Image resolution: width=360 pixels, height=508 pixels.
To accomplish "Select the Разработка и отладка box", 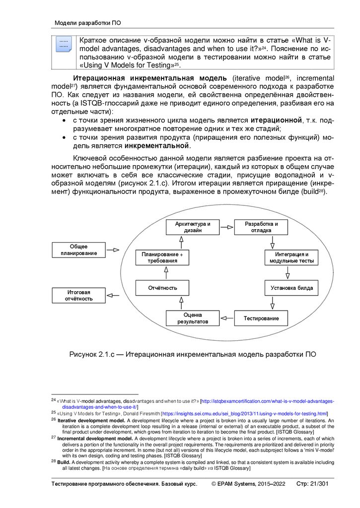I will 261,227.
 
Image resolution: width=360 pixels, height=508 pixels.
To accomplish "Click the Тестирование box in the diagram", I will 261,318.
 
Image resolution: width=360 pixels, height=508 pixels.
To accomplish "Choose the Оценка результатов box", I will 193,318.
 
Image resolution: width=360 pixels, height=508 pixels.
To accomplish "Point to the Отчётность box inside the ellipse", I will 162,288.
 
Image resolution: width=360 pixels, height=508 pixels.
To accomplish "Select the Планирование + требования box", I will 162,257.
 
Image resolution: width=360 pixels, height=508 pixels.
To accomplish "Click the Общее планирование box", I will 78,250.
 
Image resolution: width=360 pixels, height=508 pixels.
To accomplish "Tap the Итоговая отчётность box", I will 78,296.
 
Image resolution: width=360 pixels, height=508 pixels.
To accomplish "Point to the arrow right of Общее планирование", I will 113,250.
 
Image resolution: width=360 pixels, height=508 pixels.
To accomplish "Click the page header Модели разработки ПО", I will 87,23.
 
